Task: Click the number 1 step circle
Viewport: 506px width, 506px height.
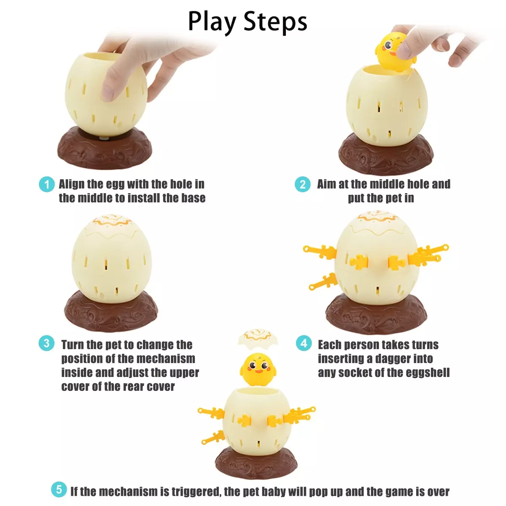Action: point(47,184)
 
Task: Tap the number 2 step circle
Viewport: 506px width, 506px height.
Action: point(302,184)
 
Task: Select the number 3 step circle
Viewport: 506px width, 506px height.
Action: point(46,343)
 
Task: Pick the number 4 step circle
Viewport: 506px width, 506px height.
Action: point(304,343)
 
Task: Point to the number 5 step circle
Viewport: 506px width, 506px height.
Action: point(59,490)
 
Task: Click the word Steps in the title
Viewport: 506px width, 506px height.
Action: point(275,22)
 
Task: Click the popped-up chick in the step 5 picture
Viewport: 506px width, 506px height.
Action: point(258,369)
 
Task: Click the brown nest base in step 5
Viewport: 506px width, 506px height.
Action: point(256,463)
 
